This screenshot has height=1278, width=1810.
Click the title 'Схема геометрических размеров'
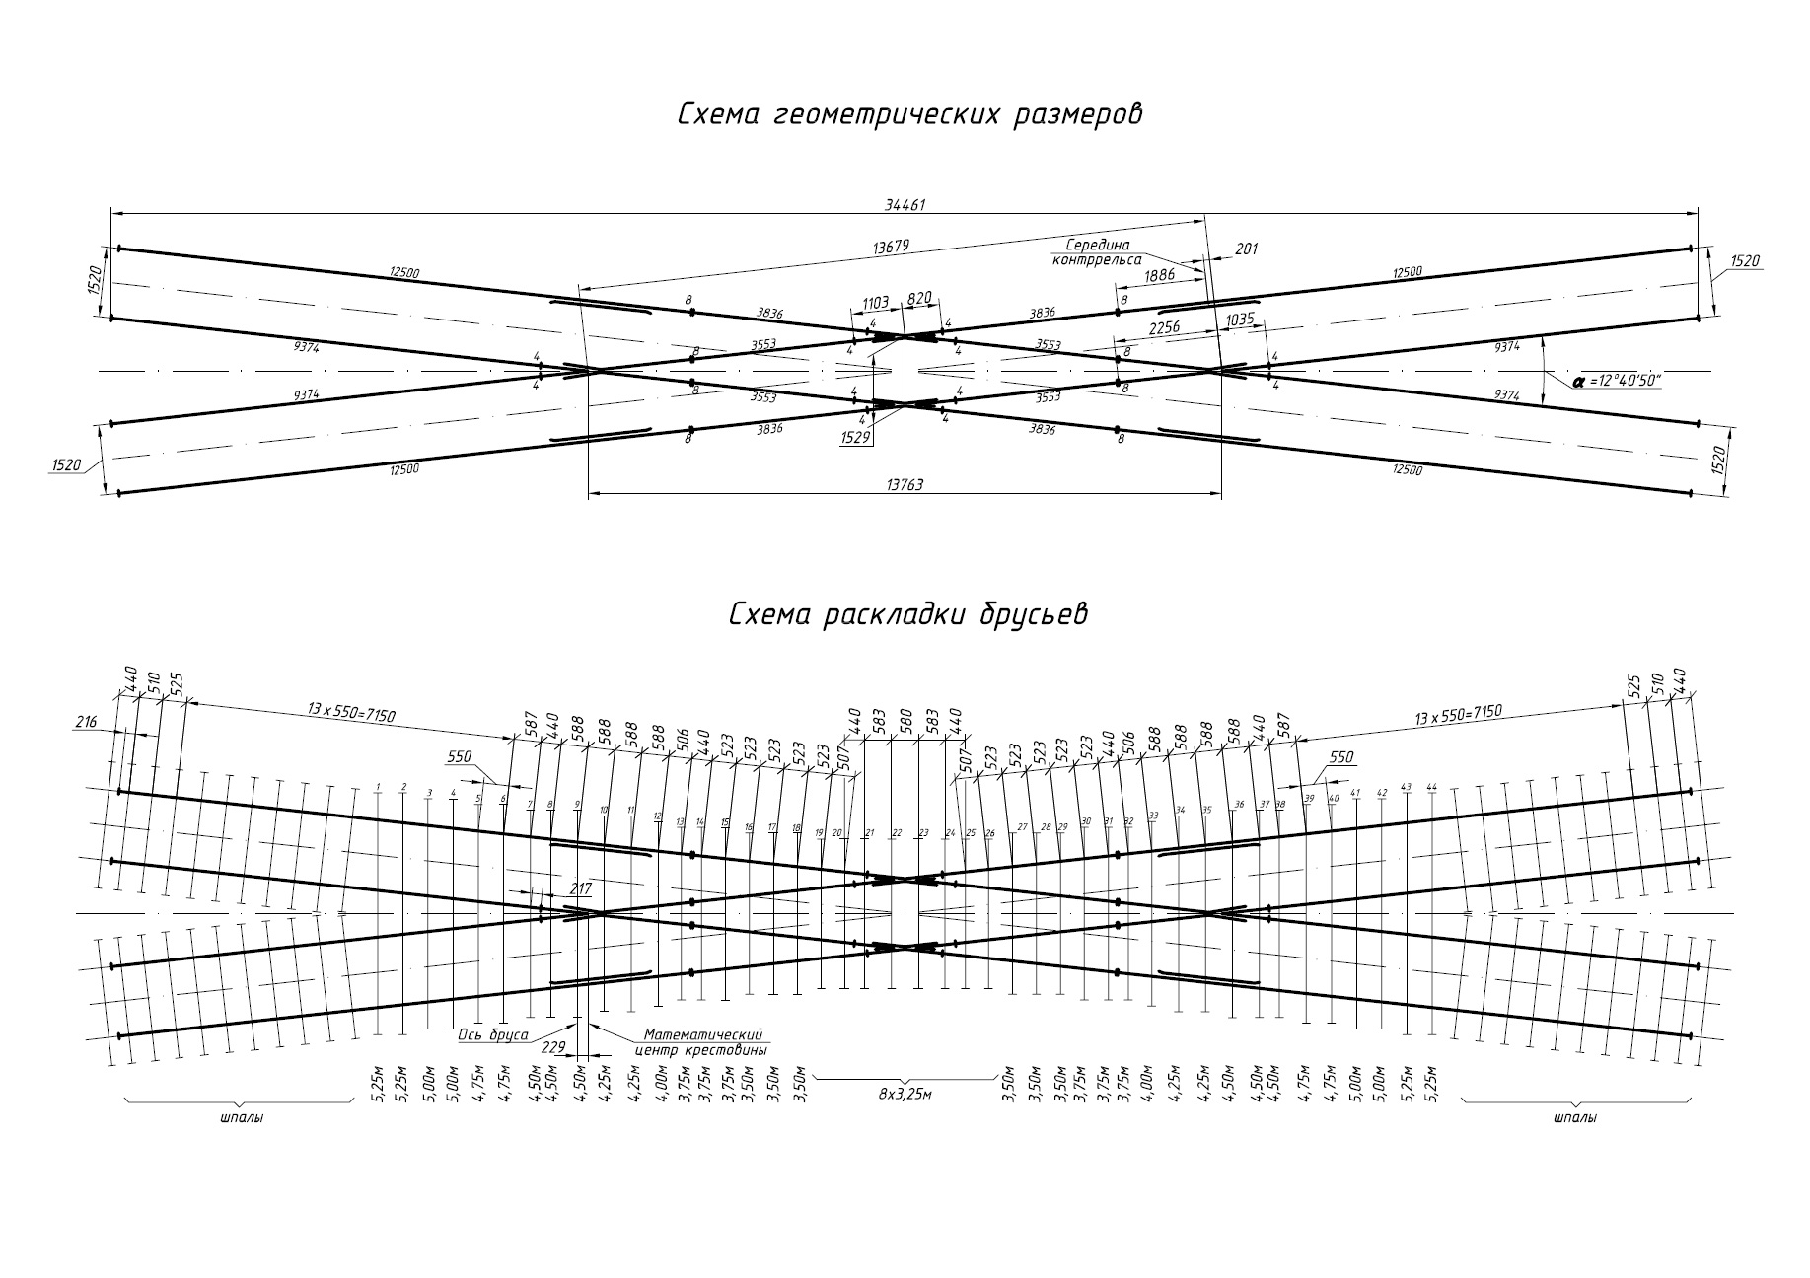908,114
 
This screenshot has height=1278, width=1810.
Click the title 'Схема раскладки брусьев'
907,614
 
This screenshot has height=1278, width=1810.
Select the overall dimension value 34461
905,205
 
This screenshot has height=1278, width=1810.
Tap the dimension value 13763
905,484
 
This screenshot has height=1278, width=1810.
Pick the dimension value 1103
876,302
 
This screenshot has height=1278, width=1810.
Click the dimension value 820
919,298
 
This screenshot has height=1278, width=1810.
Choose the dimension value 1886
1160,275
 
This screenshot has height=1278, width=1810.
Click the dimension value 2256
1166,328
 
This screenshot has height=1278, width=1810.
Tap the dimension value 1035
1240,321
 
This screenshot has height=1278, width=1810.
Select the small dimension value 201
1247,249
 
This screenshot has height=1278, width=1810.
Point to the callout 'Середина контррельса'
1097,251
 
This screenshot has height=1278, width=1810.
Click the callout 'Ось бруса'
493,1036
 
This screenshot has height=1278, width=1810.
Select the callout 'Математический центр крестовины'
704,1042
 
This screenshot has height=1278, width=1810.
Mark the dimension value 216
86,723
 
